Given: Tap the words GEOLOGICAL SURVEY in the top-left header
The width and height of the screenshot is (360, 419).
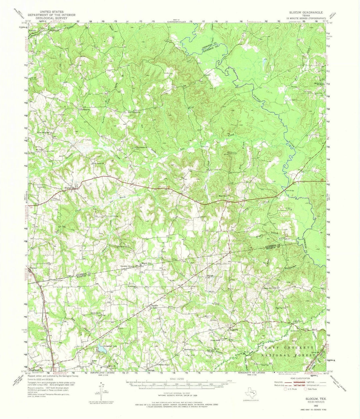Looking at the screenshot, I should pos(52,18).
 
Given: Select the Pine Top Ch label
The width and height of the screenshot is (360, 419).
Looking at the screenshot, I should pos(280,308).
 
